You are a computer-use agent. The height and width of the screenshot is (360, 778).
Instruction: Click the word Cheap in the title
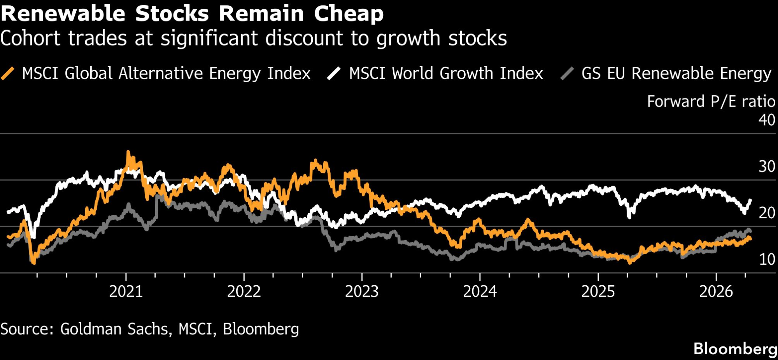[349, 14]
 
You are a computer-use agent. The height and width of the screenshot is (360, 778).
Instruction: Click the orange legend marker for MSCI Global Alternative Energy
[8, 73]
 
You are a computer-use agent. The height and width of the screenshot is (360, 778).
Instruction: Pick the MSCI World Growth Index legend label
[446, 73]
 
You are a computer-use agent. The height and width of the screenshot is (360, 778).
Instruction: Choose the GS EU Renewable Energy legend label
[676, 73]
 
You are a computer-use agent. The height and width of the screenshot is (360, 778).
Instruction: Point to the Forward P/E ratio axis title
[711, 102]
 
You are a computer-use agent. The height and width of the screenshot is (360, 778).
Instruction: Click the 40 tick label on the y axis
[767, 120]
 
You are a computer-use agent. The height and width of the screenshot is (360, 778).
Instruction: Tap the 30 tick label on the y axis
[767, 167]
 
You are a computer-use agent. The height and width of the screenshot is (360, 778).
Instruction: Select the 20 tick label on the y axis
[767, 213]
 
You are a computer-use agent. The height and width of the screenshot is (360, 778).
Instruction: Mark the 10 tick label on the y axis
[767, 259]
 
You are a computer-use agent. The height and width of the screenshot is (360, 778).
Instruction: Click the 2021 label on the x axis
[126, 292]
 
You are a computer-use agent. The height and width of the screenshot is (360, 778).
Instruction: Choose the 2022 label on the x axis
[244, 292]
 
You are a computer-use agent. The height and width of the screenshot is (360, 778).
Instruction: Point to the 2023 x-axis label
[362, 292]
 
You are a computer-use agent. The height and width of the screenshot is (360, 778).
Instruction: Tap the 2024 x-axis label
[480, 292]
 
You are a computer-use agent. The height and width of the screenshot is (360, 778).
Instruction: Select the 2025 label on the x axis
[598, 292]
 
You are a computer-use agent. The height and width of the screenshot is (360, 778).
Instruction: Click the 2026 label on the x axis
[716, 292]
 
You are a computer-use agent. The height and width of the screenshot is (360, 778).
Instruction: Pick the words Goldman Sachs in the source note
[115, 329]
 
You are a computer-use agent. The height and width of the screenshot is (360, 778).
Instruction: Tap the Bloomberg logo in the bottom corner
[735, 349]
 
